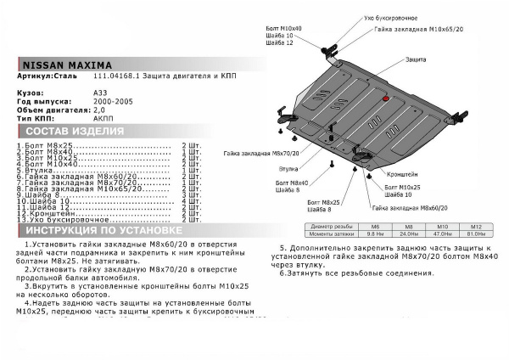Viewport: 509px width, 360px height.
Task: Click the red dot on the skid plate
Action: coord(386,100)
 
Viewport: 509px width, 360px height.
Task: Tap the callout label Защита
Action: coord(416,60)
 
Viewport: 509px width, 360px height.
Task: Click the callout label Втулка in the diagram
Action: coord(288,169)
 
